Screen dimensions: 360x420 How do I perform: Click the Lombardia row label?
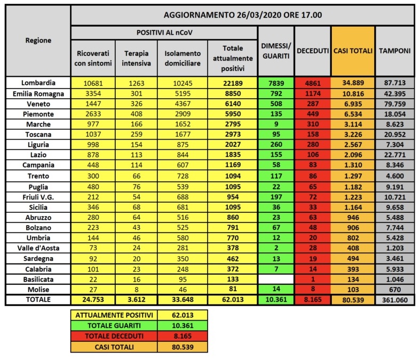tap(38, 83)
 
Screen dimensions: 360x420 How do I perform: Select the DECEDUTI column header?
tap(312, 51)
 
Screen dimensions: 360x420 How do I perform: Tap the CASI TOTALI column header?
tap(353, 51)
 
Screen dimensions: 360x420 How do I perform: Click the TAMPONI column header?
tap(395, 51)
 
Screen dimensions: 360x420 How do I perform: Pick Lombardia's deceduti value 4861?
tap(312, 83)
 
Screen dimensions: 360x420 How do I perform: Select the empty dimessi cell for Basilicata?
tap(275, 279)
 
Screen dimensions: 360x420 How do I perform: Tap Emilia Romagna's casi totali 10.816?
tap(353, 93)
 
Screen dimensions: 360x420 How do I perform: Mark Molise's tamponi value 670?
tap(395, 289)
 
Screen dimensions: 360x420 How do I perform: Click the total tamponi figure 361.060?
tap(395, 300)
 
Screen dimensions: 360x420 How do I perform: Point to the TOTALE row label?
tap(38, 300)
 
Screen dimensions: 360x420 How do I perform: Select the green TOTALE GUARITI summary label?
tap(114, 325)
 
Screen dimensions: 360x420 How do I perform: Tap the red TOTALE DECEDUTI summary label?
tap(114, 336)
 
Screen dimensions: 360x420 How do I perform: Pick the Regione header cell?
tap(38, 41)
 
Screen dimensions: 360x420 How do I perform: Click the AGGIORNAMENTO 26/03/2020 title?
tap(242, 14)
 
